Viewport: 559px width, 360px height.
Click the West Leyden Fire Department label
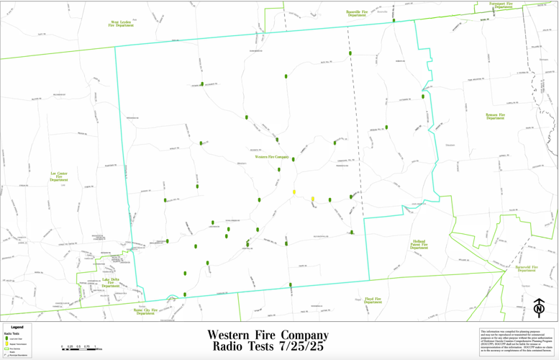pyautogui.click(x=121, y=24)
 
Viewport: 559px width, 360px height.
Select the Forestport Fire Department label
pyautogui.click(x=501, y=5)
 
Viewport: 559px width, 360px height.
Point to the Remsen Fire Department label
pyautogui.click(x=495, y=116)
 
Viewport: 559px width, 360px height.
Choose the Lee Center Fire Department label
pyautogui.click(x=59, y=176)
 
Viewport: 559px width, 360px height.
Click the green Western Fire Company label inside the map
pyautogui.click(x=272, y=156)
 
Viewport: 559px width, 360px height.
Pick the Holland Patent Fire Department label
pyautogui.click(x=419, y=245)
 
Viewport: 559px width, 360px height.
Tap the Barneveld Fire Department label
pyautogui.click(x=526, y=269)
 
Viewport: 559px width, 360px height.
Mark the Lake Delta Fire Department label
pyautogui.click(x=111, y=282)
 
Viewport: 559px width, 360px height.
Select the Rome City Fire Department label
pyautogui.click(x=145, y=311)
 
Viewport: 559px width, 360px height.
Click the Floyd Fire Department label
pyautogui.click(x=373, y=300)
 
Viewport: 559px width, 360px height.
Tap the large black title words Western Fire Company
pyautogui.click(x=268, y=335)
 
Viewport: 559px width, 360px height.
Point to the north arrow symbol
pyautogui.click(x=539, y=307)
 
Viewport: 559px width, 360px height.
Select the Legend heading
pyautogui.click(x=17, y=327)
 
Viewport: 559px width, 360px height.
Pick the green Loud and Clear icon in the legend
pyautogui.click(x=6, y=338)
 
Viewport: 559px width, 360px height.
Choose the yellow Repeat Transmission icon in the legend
pyautogui.click(x=6, y=344)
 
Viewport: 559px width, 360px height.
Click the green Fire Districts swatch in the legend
pyautogui.click(x=6, y=348)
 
